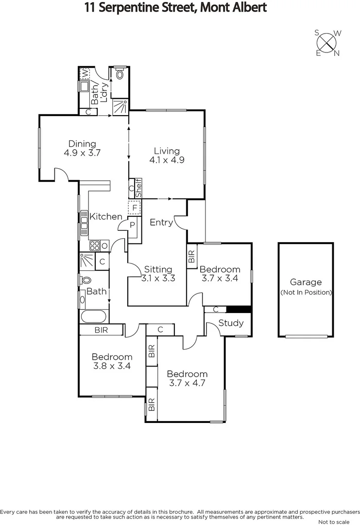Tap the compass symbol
tap(328, 42)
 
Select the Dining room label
tap(82, 143)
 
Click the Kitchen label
tap(105, 216)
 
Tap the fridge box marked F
tap(134, 208)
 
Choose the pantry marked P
tap(132, 225)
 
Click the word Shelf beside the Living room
tap(138, 188)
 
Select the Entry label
tap(161, 222)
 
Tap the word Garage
tap(306, 282)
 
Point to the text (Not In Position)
tap(306, 292)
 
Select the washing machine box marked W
tap(84, 73)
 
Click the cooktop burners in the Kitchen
tap(94, 245)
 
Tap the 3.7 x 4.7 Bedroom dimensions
tap(187, 383)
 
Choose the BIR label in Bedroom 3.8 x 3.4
tap(102, 330)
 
